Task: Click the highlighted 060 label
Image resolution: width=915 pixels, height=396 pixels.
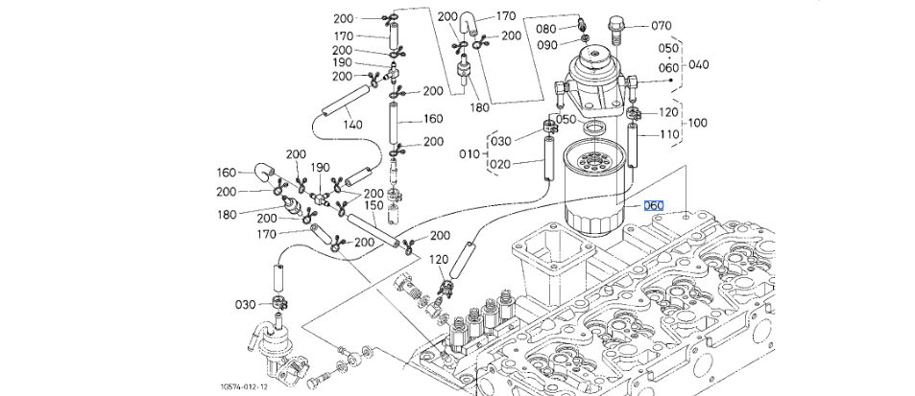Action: click(x=654, y=205)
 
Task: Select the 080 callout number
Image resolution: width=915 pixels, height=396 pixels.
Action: click(x=545, y=29)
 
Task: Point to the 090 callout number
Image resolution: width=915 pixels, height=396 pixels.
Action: click(x=545, y=45)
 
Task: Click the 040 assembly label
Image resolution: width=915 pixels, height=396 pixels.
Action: click(x=699, y=64)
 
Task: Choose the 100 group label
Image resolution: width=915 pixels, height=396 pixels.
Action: click(x=697, y=123)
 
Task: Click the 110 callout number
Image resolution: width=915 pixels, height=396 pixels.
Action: click(x=669, y=134)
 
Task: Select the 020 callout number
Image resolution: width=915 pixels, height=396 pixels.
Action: click(x=500, y=164)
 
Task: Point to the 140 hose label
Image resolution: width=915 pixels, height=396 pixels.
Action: click(x=352, y=124)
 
